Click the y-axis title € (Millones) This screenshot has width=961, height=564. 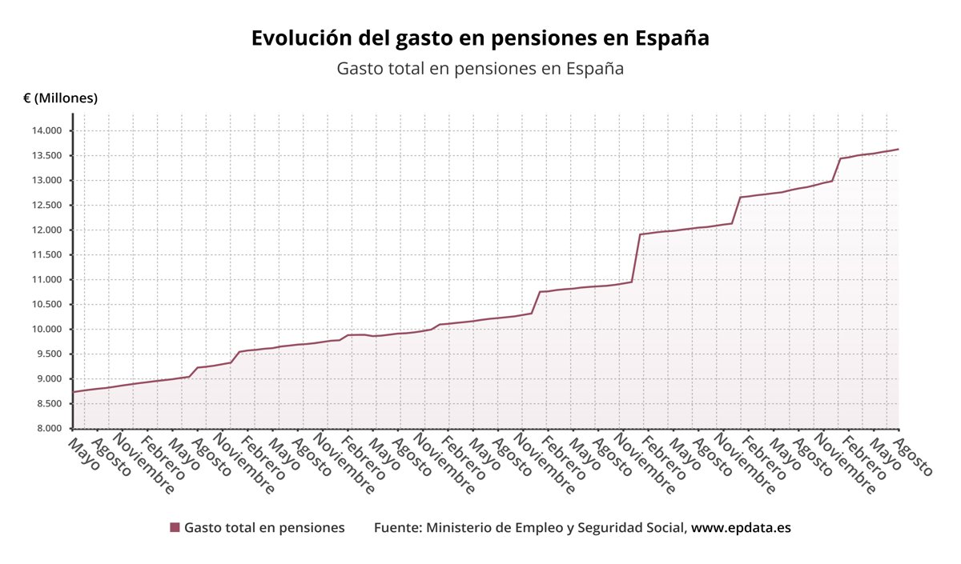(60, 98)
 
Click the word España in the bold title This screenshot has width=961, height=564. (671, 38)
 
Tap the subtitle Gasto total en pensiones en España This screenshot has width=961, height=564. (480, 69)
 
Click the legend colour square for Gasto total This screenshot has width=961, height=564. (175, 528)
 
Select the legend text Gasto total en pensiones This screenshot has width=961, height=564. (264, 528)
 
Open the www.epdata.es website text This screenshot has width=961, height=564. (741, 528)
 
